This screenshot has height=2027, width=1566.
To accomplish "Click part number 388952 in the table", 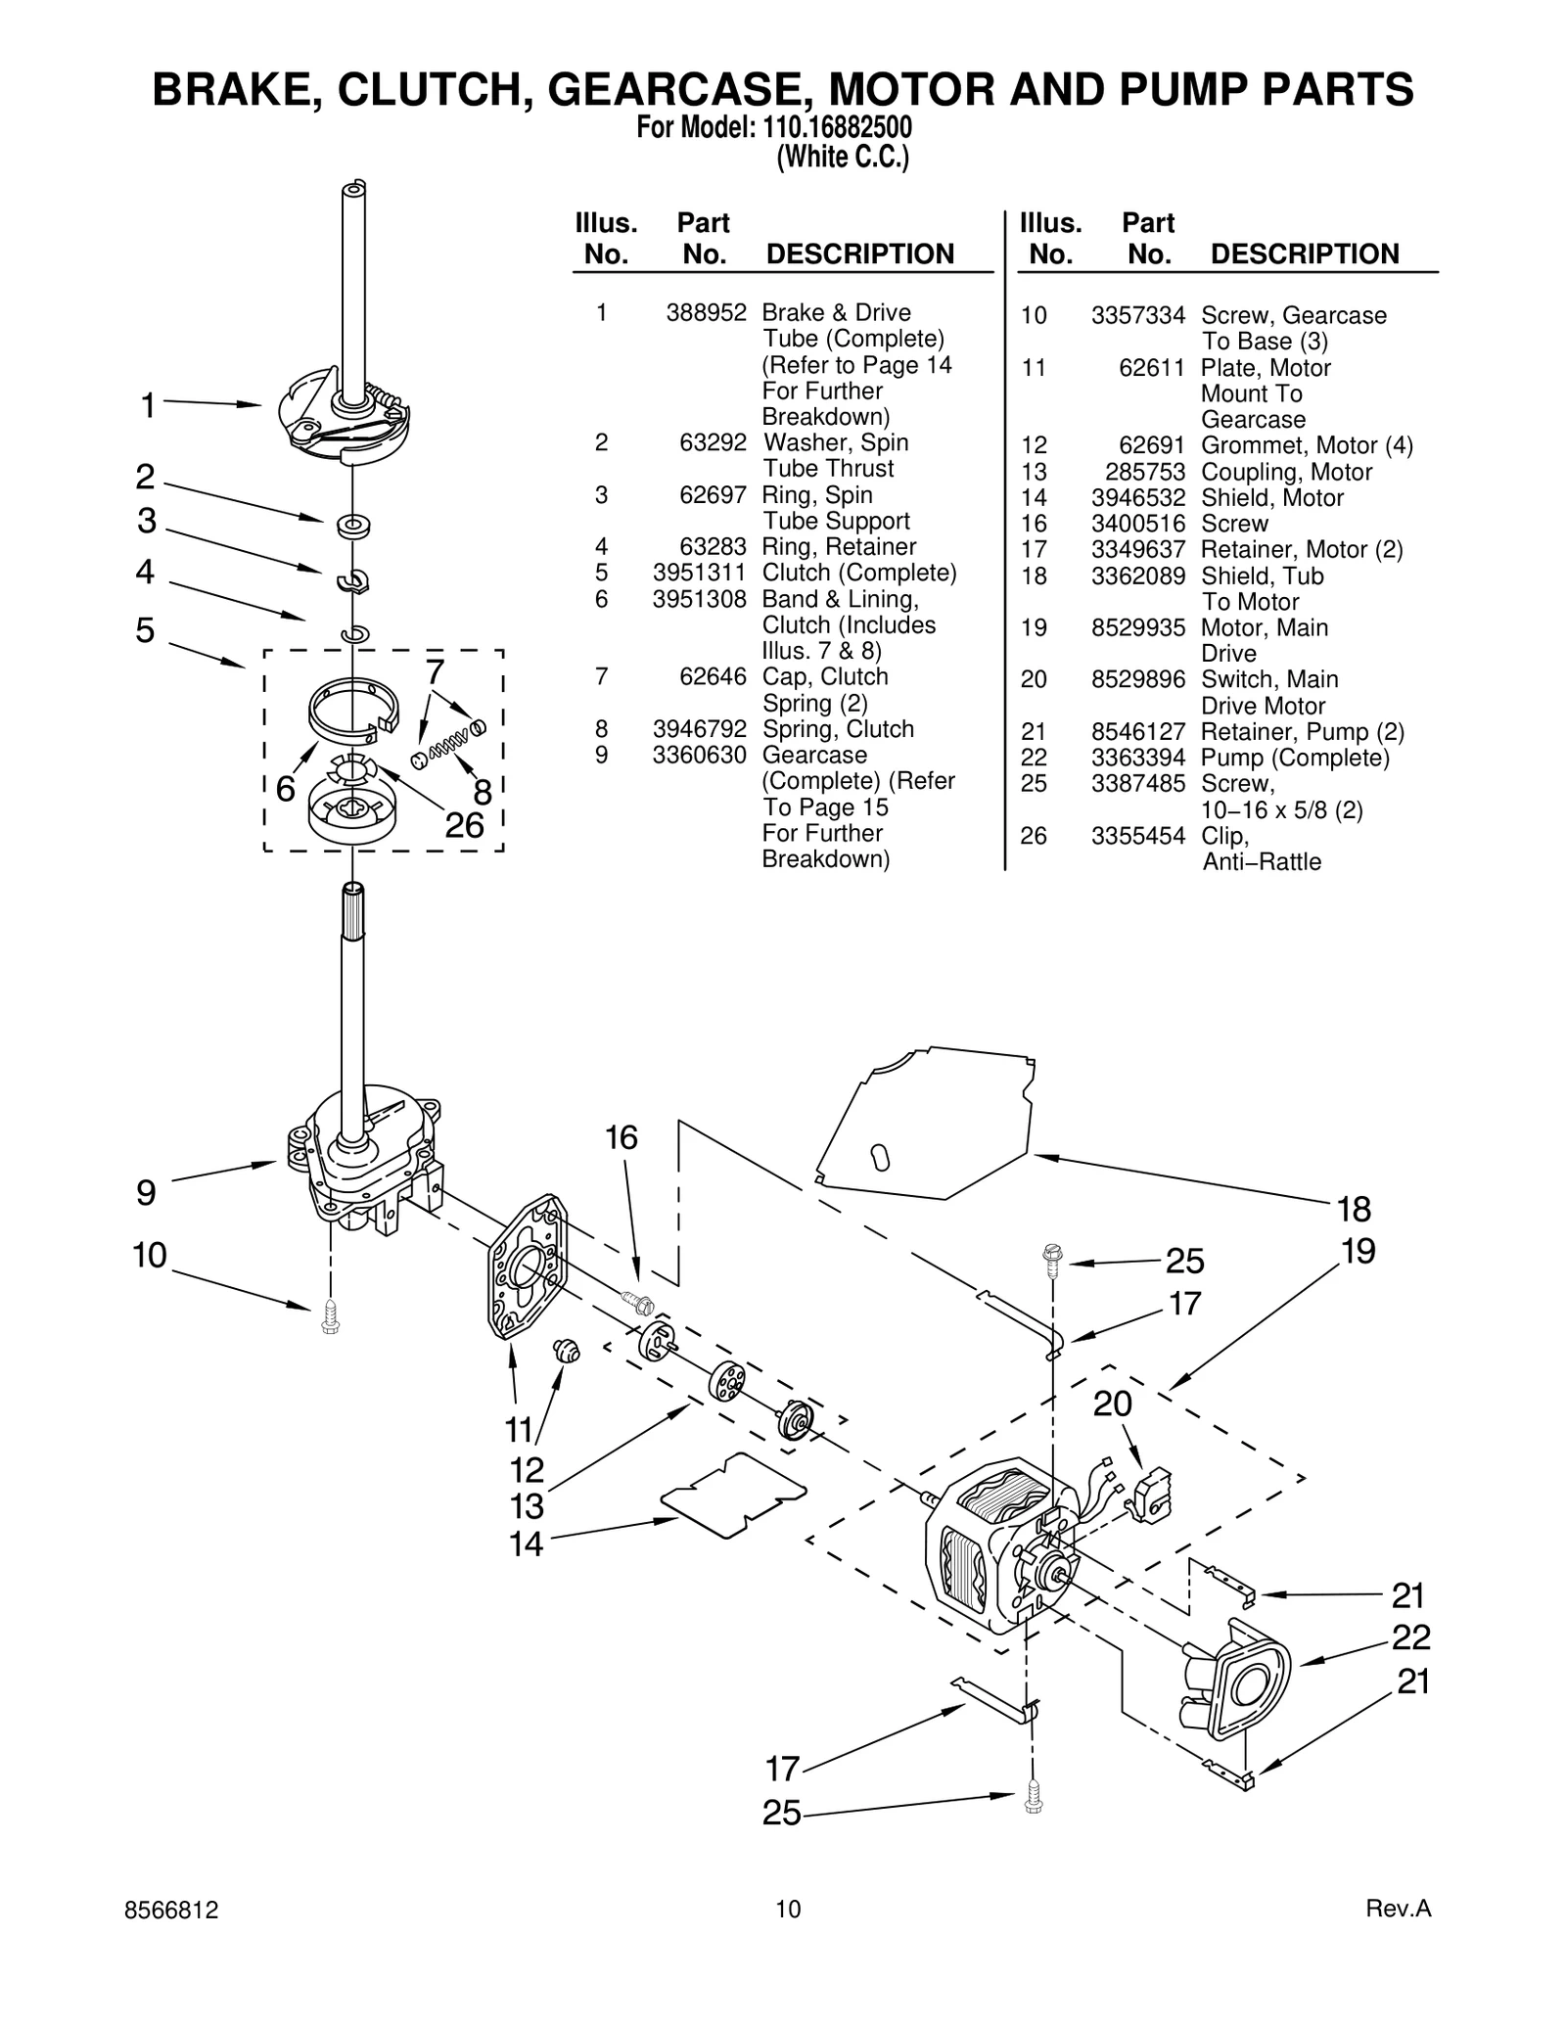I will pyautogui.click(x=707, y=313).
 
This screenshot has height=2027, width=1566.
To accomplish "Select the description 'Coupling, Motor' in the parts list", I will pyautogui.click(x=1286, y=472).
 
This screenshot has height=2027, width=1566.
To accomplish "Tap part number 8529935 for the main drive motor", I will pyautogui.click(x=1137, y=627).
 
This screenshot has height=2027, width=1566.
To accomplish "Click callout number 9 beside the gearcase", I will pyautogui.click(x=146, y=1193).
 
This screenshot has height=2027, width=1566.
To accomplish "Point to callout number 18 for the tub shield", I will pyautogui.click(x=1354, y=1210).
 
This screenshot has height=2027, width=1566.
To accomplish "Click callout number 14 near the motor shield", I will pyautogui.click(x=526, y=1543).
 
